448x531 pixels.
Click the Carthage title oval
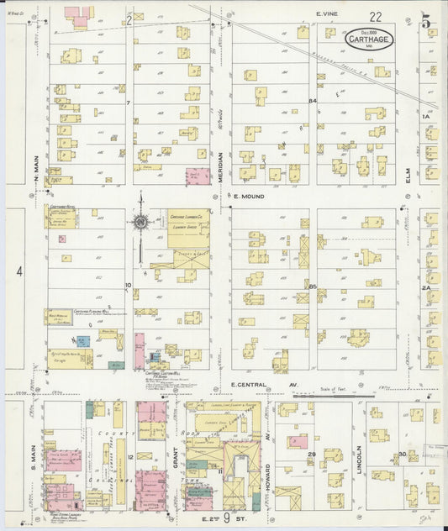pos(366,39)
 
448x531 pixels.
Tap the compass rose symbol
pos(140,223)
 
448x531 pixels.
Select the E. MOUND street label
pos(248,197)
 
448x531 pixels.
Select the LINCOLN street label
pos(358,458)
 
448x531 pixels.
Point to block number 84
pos(312,102)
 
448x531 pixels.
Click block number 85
pos(312,287)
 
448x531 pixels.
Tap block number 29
pos(311,455)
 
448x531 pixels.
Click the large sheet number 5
pos(426,23)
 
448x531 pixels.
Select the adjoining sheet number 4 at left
pos(18,271)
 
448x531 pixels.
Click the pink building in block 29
pos(297,441)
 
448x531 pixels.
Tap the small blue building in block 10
pos(82,341)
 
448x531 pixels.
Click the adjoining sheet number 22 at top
pos(374,16)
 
